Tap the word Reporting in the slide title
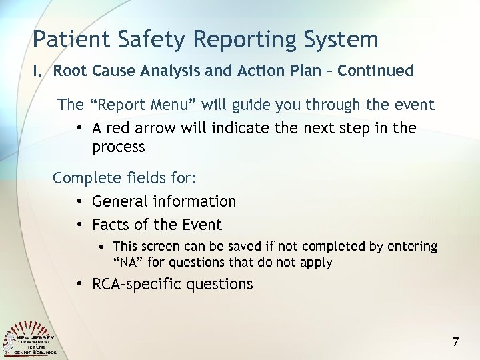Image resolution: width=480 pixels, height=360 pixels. (236, 39)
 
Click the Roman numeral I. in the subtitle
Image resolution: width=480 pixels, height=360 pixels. (39, 71)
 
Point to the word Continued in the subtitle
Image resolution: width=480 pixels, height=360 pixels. (376, 71)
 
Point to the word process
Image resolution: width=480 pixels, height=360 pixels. (119, 147)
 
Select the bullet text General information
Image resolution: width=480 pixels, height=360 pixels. (164, 201)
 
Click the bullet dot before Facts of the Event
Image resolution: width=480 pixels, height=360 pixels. (79, 225)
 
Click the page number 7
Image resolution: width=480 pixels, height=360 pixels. (456, 342)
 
